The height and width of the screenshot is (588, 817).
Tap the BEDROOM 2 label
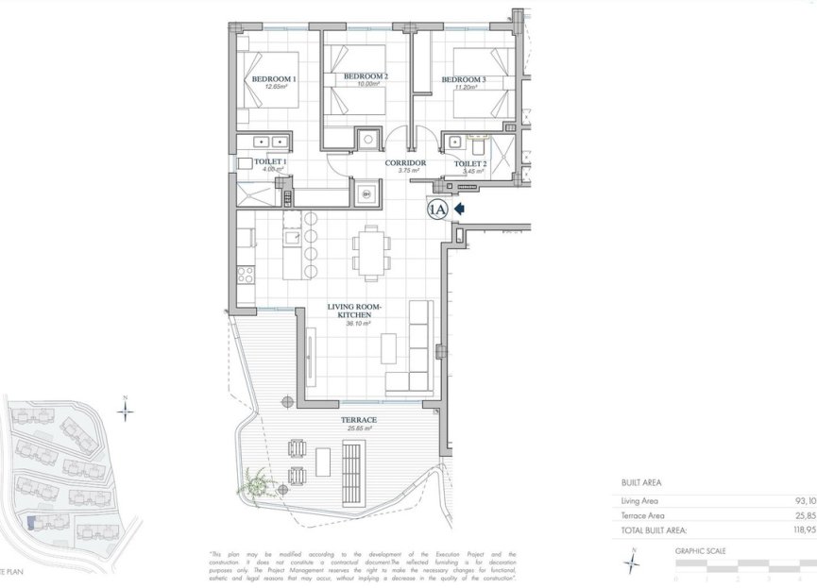366,76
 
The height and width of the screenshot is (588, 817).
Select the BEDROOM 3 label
463,80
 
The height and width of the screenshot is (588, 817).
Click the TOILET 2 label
469,163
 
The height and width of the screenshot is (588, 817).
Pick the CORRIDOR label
406,163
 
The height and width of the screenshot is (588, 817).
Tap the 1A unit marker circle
437,210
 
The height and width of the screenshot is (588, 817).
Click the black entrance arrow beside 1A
462,209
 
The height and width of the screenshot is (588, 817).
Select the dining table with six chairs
369,253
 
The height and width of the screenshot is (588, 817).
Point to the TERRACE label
359,420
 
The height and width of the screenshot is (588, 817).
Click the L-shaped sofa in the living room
417,349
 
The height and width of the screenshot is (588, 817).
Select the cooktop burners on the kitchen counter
246,276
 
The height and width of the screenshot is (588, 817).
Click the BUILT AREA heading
641,482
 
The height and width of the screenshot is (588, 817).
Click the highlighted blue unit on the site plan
31,522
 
